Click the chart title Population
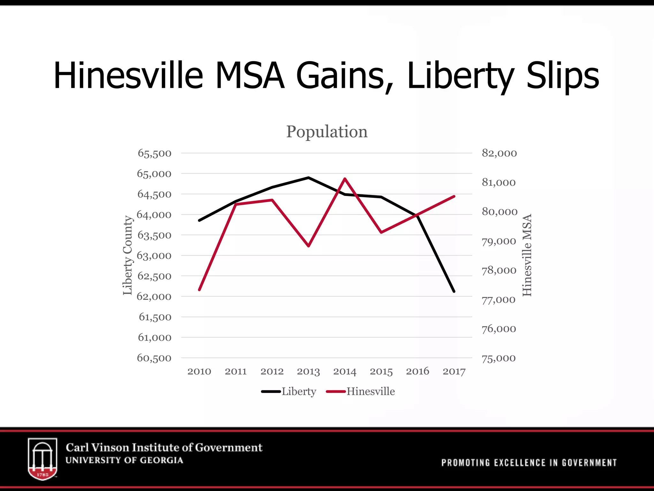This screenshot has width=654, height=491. [327, 132]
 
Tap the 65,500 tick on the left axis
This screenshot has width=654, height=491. [155, 153]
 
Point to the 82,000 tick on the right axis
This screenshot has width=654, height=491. [499, 153]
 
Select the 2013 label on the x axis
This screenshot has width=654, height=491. [308, 371]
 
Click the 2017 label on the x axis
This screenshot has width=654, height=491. [454, 371]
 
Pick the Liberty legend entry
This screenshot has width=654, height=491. [289, 392]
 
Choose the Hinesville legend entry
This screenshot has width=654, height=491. [361, 392]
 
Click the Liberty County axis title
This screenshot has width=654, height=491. [127, 255]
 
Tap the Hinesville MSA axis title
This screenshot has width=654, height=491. [527, 255]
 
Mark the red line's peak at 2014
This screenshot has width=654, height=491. [345, 178]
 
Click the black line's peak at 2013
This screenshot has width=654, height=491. [308, 177]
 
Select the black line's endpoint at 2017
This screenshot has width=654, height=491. [454, 291]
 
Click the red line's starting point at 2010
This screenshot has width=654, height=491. [199, 290]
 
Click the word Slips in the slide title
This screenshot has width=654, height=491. [562, 76]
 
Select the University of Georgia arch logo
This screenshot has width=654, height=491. [42, 458]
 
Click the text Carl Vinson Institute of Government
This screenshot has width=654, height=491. [164, 447]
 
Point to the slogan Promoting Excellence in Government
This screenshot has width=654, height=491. [529, 463]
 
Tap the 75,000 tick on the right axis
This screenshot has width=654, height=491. [498, 358]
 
